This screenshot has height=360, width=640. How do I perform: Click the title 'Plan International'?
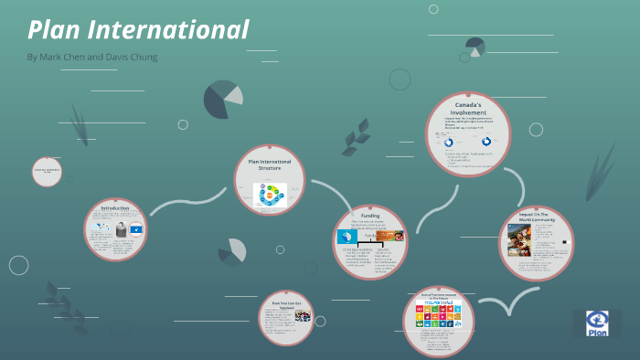138,29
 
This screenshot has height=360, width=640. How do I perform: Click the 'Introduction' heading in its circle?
115,208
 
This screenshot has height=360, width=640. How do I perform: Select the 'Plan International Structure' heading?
269,164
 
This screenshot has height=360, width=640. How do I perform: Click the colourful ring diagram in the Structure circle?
272,194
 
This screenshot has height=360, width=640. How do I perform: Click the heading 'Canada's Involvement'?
467,111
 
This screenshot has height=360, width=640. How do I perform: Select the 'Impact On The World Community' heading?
537,216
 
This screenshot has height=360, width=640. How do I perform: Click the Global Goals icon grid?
439,314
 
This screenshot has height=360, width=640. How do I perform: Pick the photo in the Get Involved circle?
302,317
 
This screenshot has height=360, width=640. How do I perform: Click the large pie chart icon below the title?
223,100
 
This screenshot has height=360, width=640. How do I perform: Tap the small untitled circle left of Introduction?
47,172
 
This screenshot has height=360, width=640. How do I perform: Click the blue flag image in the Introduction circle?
135,231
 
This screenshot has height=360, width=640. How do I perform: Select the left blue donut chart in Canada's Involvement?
449,143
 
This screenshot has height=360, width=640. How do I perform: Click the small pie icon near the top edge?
475,47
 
